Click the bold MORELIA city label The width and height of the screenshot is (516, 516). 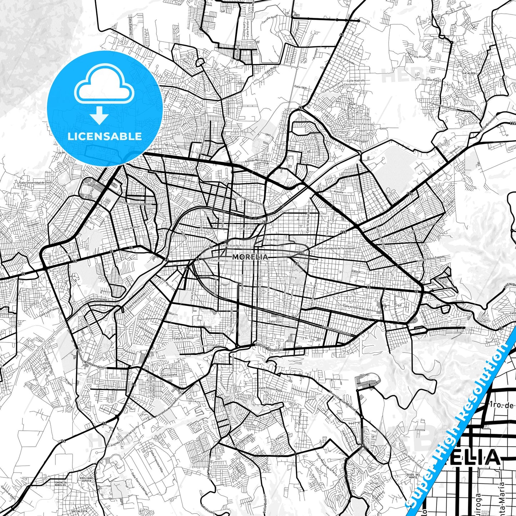coord(250,257)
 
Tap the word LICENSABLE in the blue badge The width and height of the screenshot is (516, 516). coord(105,136)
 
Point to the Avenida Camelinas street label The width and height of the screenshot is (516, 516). coord(269,347)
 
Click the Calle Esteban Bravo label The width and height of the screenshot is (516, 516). coord(183,179)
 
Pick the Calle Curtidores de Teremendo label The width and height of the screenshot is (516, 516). coord(336,248)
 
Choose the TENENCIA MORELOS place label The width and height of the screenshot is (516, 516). coord(60,484)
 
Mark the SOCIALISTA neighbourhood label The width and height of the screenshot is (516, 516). coord(79,511)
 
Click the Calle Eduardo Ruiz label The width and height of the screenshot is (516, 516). coord(233,246)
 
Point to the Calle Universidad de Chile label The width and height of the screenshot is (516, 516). coord(36,182)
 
